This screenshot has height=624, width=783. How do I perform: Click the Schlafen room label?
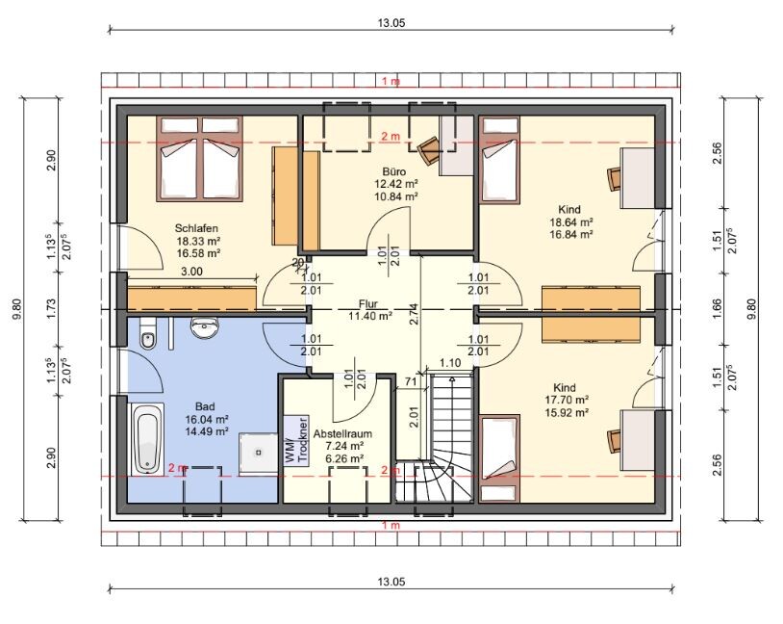pos(196,228)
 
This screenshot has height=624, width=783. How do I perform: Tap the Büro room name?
pos(394,172)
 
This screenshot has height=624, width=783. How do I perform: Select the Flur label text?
pos(368,304)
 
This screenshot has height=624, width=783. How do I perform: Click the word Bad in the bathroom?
pos(205,406)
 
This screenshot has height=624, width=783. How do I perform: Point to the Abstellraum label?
pos(342,434)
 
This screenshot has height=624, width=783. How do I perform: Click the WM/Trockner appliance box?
pos(296,441)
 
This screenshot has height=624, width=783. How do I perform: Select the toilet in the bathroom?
pos(148,334)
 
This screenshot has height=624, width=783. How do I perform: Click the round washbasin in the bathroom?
pos(205,327)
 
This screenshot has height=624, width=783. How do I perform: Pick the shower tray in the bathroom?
pos(258,453)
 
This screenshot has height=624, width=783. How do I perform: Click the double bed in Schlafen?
pos(200,159)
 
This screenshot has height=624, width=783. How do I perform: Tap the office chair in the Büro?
pos(427,150)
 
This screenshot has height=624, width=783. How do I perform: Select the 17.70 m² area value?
pos(567,400)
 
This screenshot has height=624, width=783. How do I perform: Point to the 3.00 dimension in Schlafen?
pos(191,272)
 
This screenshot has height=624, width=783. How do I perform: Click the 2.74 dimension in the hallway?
pos(414,314)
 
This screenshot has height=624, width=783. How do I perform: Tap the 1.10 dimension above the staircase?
pos(450,363)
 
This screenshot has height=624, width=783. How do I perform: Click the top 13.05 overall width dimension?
pos(391,22)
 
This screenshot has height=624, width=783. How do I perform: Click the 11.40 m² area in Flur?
pos(370,316)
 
